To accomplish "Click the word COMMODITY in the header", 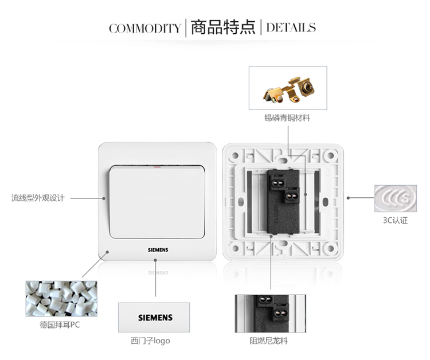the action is (x=145, y=28).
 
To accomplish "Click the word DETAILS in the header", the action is (x=291, y=28).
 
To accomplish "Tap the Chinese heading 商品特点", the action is (x=223, y=27).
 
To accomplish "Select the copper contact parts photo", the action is (x=288, y=88).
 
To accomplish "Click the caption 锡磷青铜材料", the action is (x=287, y=118).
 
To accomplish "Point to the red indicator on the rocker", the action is (x=157, y=166).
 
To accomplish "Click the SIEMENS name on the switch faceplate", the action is (x=158, y=250).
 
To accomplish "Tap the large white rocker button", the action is (x=157, y=202).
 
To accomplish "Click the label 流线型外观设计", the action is (x=38, y=198).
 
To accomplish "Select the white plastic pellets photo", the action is (x=61, y=299).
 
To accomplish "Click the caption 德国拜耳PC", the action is (x=60, y=325).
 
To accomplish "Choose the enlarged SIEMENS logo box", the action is (x=154, y=318).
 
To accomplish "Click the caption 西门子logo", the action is (x=150, y=341).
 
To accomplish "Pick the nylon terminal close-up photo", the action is (x=271, y=314).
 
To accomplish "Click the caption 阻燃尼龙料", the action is (x=269, y=341).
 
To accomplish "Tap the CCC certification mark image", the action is (x=396, y=198).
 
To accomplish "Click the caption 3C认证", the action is (x=396, y=220).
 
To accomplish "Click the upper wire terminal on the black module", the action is (x=278, y=182).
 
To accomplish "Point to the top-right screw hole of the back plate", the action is (x=331, y=156).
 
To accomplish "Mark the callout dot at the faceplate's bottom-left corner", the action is (x=108, y=252).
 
